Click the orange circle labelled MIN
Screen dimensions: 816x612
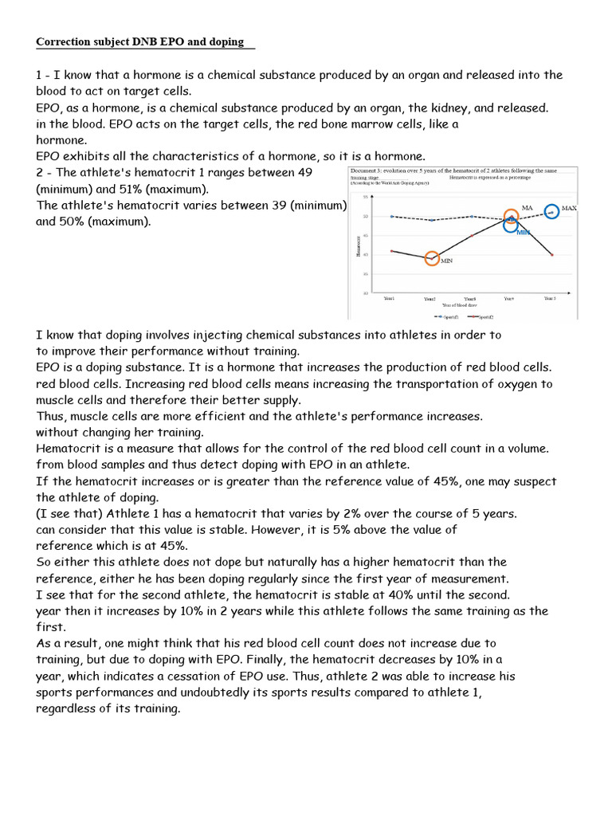433,258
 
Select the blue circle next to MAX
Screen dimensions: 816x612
551,212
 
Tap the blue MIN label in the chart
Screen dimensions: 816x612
524,233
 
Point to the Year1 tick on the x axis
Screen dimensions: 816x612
390,299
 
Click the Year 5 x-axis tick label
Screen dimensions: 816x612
550,298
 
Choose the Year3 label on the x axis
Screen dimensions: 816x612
470,299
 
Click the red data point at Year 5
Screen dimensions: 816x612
551,255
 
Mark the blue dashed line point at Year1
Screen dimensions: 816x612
390,216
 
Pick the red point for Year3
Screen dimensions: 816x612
471,235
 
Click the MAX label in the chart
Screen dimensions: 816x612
569,208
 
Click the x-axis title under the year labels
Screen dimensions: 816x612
469,305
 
